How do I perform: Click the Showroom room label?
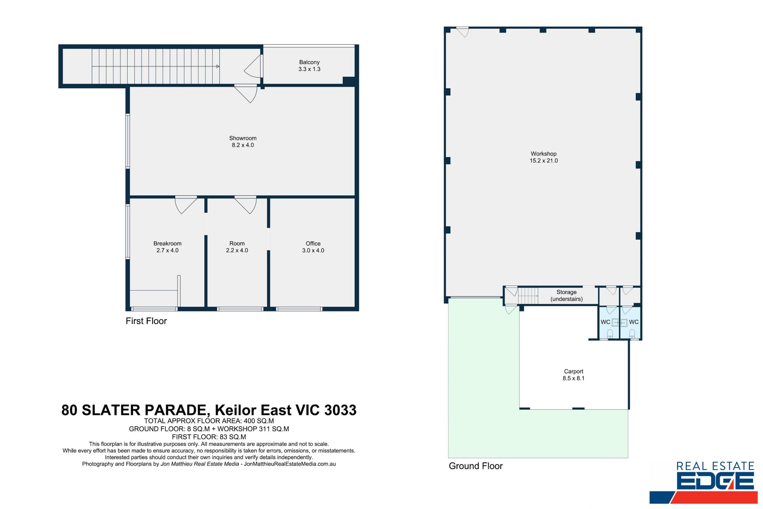click(x=243, y=138)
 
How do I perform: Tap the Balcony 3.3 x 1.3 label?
click(x=309, y=66)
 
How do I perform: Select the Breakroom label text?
click(x=167, y=243)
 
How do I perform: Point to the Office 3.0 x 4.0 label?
click(x=313, y=247)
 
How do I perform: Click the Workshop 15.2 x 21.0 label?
click(x=544, y=157)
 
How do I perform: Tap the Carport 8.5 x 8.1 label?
click(x=573, y=375)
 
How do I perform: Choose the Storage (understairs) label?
click(x=566, y=295)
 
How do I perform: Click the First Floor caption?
click(x=146, y=321)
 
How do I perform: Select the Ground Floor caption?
click(x=476, y=466)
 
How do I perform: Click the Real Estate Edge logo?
click(x=704, y=482)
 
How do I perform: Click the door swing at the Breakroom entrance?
click(x=185, y=205)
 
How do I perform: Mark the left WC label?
click(x=605, y=322)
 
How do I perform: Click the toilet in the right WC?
click(x=632, y=334)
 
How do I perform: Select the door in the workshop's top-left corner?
click(x=462, y=32)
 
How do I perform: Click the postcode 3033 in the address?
click(x=340, y=410)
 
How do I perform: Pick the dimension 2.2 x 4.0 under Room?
click(x=237, y=251)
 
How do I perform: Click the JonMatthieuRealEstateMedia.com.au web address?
click(x=290, y=464)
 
